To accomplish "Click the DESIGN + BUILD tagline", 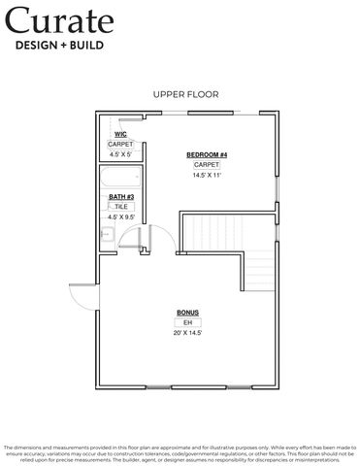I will [x=56, y=44].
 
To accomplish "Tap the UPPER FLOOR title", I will [x=185, y=94].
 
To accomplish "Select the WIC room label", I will [x=120, y=134].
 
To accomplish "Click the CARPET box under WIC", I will [x=120, y=144].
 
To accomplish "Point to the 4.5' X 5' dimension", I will [x=120, y=153].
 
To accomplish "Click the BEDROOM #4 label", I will [x=207, y=155].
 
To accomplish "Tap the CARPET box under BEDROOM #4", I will [x=207, y=165].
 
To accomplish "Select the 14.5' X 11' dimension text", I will [x=207, y=176].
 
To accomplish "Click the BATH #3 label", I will [x=120, y=197].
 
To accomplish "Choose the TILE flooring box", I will [x=120, y=207].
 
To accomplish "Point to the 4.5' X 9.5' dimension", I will [x=120, y=216].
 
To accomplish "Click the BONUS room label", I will [x=187, y=313].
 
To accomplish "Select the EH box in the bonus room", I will [x=187, y=322].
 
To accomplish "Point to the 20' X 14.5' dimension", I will [x=187, y=332].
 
